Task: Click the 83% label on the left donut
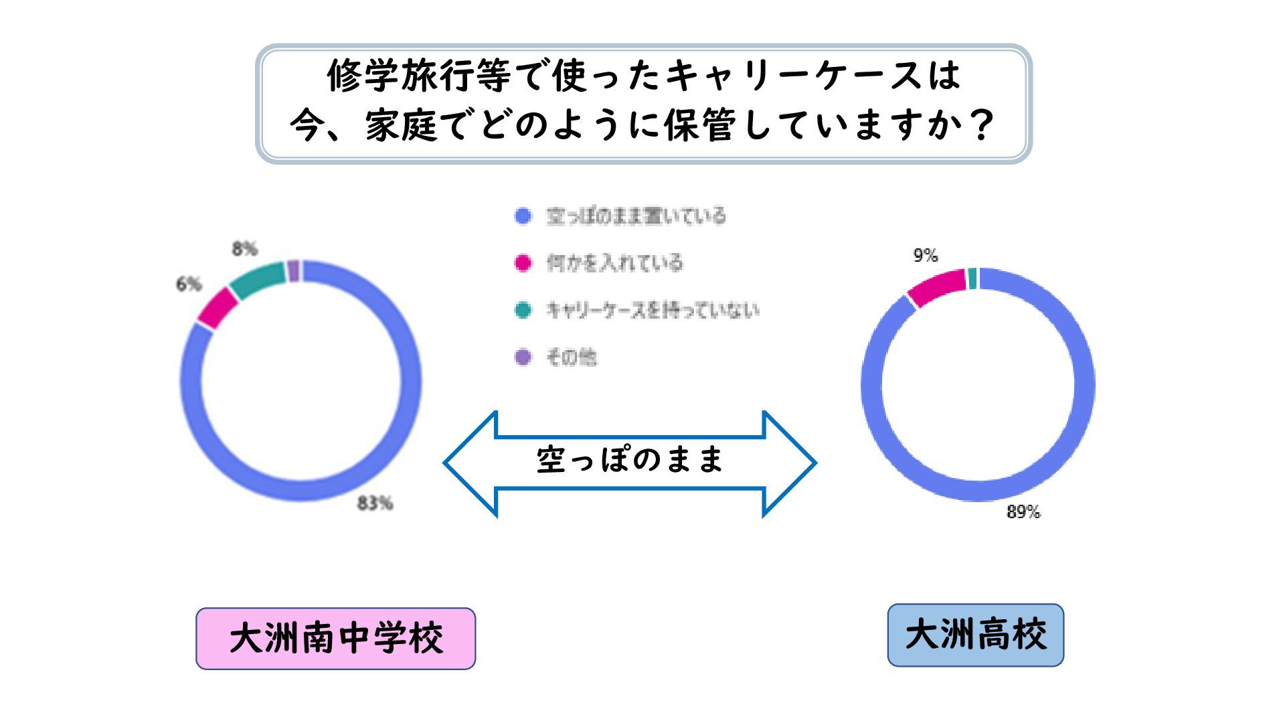tap(375, 503)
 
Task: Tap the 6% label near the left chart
tap(189, 285)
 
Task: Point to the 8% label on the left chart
tap(245, 249)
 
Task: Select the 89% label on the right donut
tap(1023, 512)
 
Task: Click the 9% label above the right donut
tap(926, 255)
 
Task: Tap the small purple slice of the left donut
tap(293, 270)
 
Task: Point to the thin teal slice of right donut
tap(972, 278)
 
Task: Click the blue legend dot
tap(523, 216)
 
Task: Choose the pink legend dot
tap(523, 263)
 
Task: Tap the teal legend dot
tap(523, 310)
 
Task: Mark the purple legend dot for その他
tap(523, 357)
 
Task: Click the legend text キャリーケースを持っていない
tap(653, 310)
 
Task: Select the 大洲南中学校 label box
tap(335, 638)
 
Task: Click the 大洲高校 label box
tap(975, 635)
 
